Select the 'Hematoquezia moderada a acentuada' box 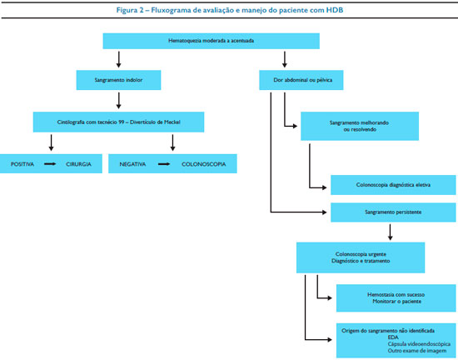click(212, 41)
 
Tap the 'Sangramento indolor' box click(118, 80)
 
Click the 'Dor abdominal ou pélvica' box click(301, 80)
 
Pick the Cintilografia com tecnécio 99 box click(118, 122)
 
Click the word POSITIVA click(22, 164)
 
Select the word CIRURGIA click(78, 164)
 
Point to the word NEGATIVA click(132, 164)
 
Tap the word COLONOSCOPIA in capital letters click(203, 164)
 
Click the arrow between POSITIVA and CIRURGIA click(50, 164)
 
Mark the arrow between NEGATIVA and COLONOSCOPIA click(164, 164)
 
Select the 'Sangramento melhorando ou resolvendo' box click(360, 126)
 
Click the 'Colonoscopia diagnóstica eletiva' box click(393, 185)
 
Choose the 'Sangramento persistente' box click(393, 212)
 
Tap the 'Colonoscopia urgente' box click(361, 257)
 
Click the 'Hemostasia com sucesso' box click(396, 298)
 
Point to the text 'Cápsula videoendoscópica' click(419, 344)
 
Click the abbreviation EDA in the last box click(393, 337)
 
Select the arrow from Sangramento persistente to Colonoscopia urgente click(390, 232)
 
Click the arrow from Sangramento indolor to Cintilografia click(118, 101)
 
